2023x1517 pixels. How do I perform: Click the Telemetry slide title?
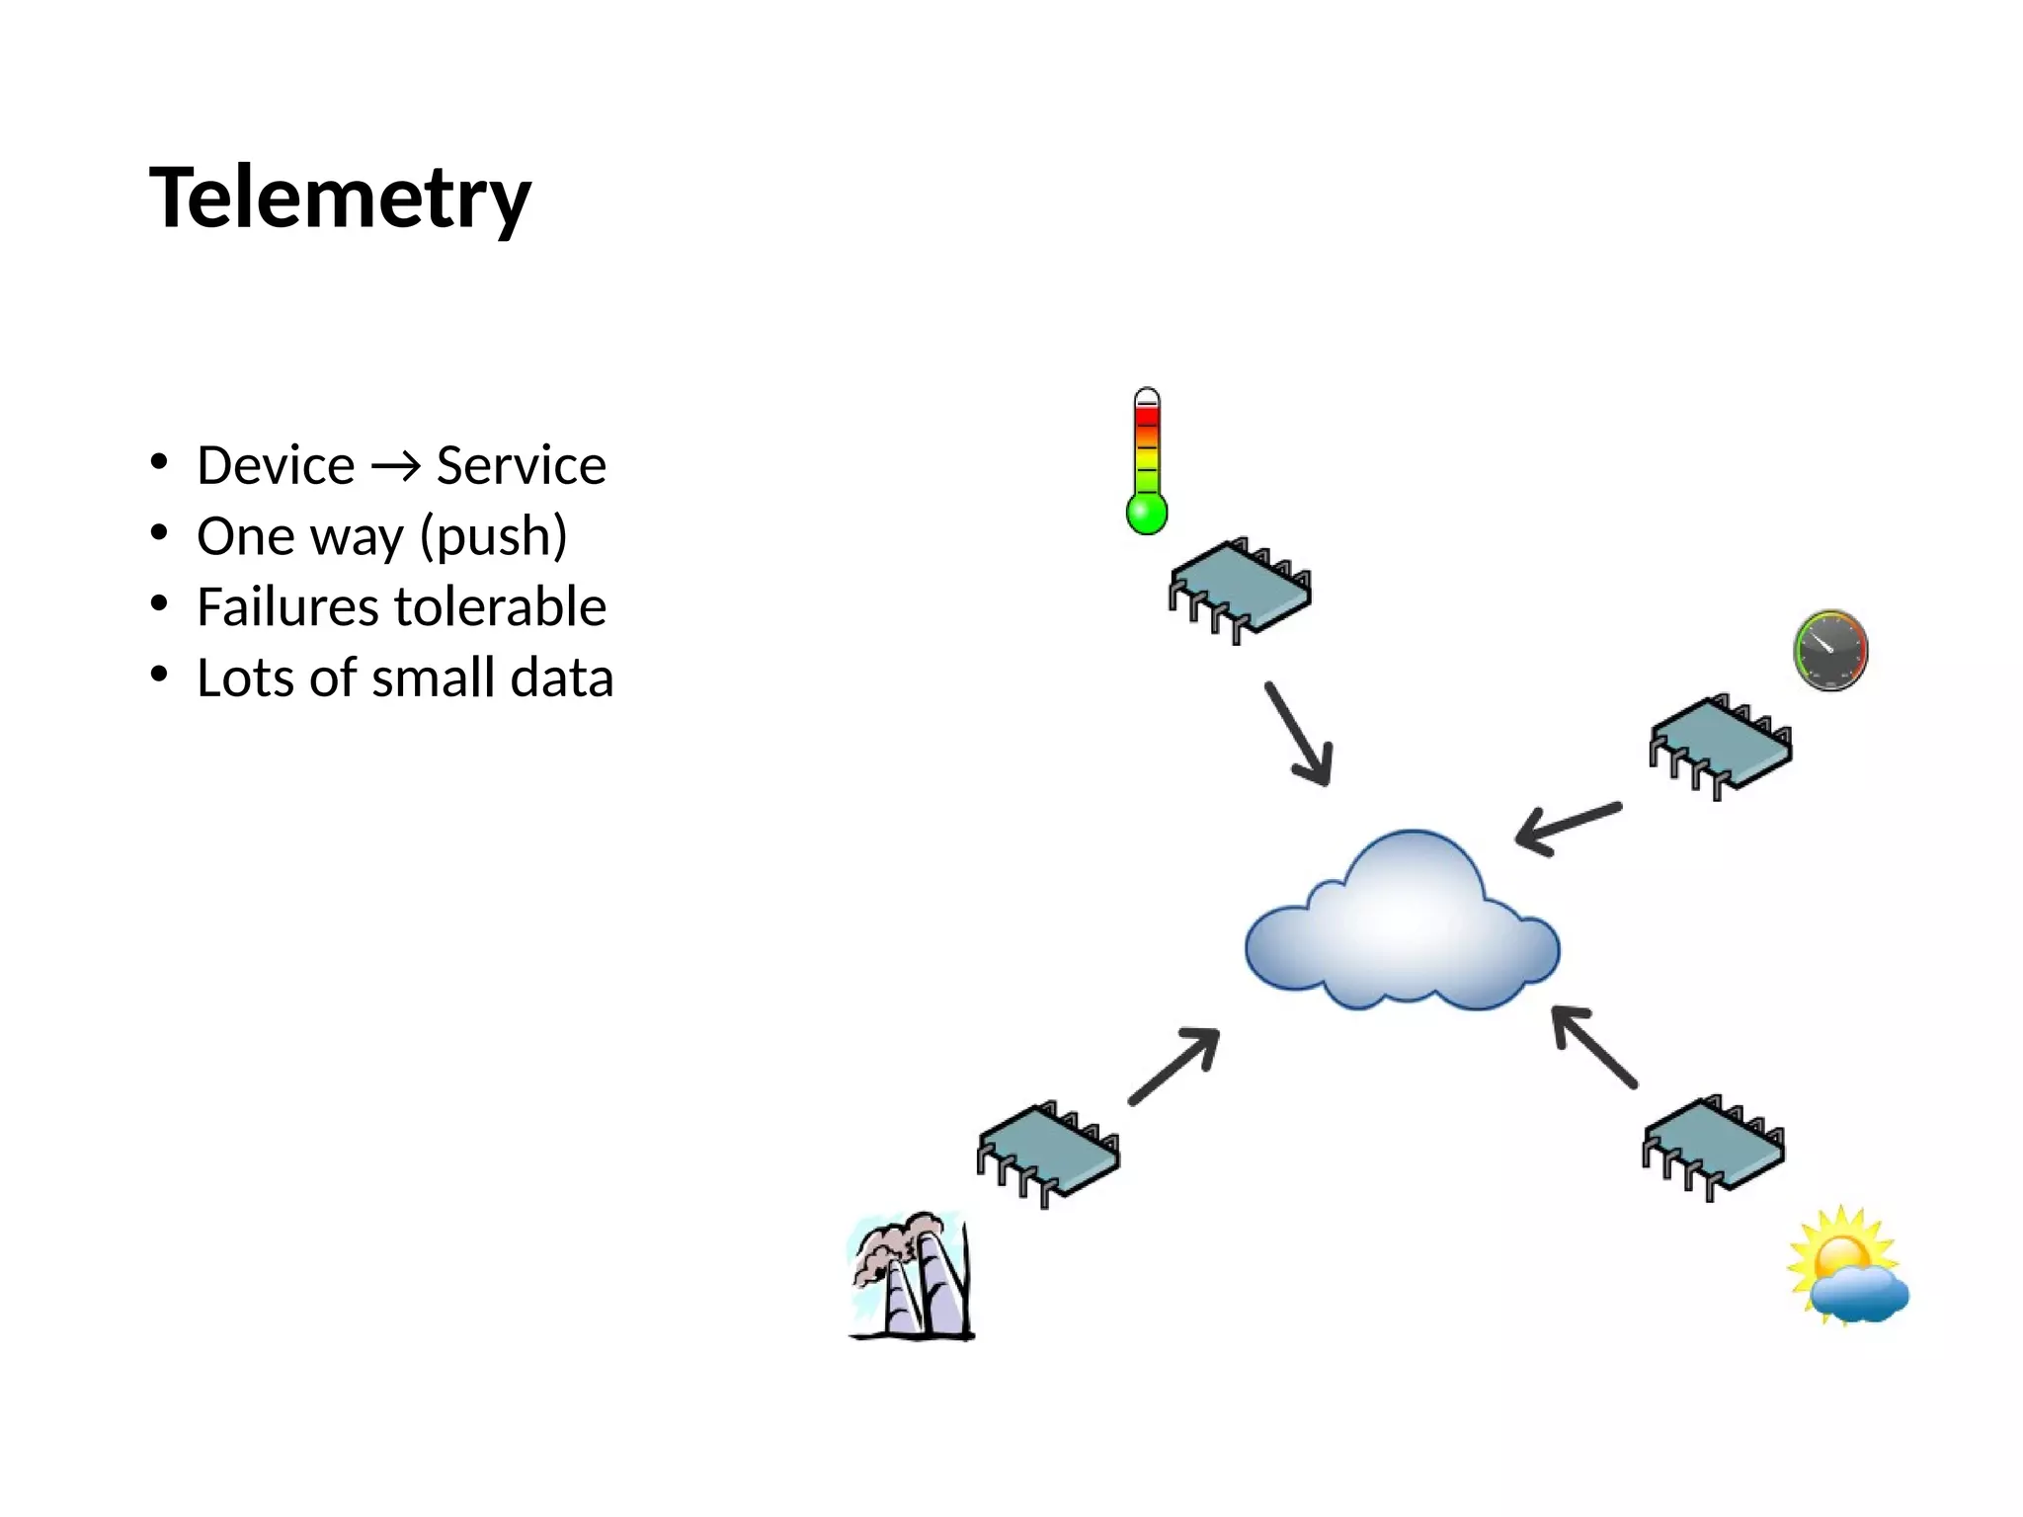(x=340, y=198)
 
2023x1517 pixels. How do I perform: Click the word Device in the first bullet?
(x=276, y=465)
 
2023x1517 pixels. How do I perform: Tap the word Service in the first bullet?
(x=521, y=465)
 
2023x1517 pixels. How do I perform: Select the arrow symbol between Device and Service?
(x=395, y=467)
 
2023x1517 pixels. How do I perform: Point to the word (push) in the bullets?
(x=493, y=537)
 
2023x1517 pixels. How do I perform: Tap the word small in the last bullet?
(x=433, y=679)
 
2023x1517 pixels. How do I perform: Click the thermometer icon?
(x=1147, y=459)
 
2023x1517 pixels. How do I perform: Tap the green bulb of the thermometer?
(x=1147, y=514)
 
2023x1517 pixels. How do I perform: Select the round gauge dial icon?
(x=1830, y=650)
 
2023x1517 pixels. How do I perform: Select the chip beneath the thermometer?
(x=1241, y=591)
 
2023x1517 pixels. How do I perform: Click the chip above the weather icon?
(x=1714, y=1147)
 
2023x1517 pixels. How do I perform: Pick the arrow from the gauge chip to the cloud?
(x=1568, y=828)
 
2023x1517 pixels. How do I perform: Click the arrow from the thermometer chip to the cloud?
(x=1300, y=734)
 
